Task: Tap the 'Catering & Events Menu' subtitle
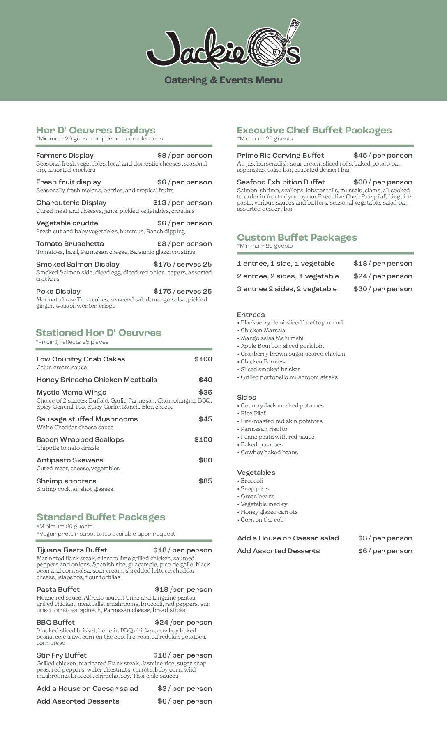(223, 80)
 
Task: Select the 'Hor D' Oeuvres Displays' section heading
(96, 130)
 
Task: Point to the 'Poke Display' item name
(58, 291)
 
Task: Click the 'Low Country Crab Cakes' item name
(81, 359)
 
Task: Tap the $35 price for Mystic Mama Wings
(205, 392)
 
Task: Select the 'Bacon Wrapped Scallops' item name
(80, 439)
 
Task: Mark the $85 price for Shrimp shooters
(205, 481)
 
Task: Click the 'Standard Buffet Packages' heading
(101, 517)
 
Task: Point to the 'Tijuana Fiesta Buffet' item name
(72, 550)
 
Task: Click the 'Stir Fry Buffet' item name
(62, 655)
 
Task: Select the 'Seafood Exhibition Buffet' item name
(281, 182)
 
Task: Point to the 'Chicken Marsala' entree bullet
(263, 330)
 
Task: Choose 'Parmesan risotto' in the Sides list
(264, 429)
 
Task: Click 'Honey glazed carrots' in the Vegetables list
(269, 512)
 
